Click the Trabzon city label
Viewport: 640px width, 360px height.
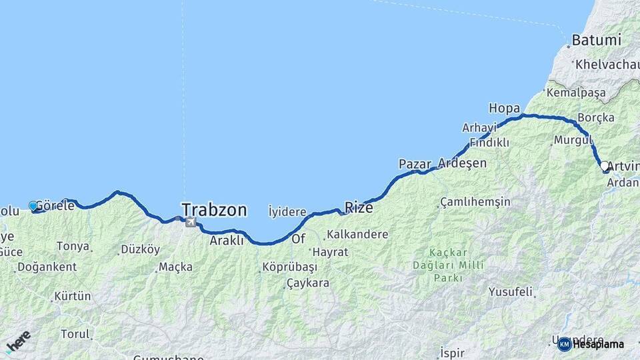214,210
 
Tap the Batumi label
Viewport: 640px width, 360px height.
591,41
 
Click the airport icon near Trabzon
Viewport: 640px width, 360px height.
191,221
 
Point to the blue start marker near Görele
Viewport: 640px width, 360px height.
33,207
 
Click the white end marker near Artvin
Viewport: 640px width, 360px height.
604,165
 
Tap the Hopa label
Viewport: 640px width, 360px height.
504,108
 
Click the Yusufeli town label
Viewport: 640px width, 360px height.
511,291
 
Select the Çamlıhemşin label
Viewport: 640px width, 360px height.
475,201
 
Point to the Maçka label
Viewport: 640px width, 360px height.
175,267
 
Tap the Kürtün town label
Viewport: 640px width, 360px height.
72,295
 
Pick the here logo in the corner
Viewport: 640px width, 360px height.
18,342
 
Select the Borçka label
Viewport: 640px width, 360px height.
595,117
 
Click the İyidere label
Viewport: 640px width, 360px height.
287,211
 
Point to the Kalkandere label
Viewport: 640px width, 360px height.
357,235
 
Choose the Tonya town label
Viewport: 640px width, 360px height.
73,246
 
